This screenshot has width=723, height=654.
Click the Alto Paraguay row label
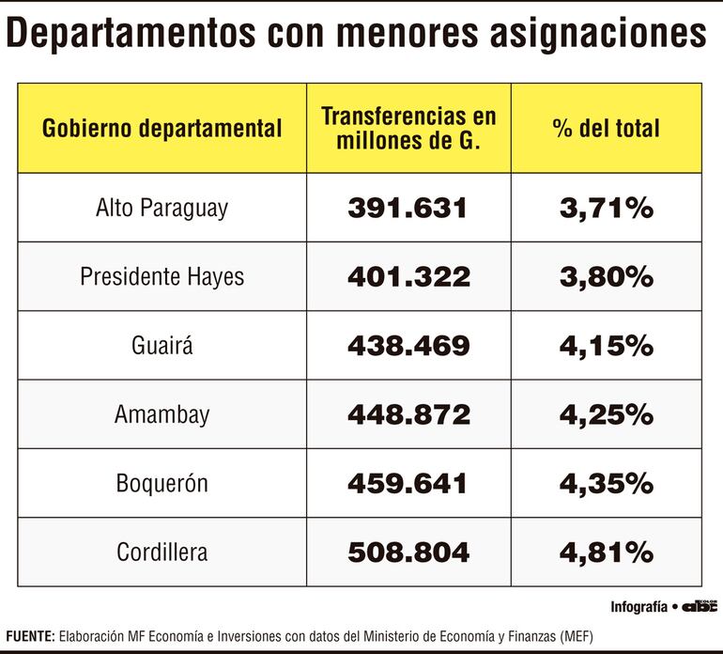point(162,208)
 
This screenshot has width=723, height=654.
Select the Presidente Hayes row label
point(162,277)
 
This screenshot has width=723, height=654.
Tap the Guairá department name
point(162,346)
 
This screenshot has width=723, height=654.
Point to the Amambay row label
point(162,414)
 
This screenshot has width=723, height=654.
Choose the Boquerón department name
point(162,484)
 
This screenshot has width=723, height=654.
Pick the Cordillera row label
point(162,553)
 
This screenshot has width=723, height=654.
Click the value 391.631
point(408,208)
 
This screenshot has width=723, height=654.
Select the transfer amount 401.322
point(408,277)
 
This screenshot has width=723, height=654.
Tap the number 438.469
point(408,346)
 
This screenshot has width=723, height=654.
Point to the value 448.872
point(408,414)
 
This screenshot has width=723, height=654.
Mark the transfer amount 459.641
point(408,484)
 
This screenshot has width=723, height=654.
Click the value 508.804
point(408,553)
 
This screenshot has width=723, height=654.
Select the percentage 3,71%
point(606,208)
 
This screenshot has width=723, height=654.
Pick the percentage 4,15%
point(606,346)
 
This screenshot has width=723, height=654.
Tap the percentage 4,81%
point(606,553)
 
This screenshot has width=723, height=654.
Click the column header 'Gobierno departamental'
point(162,129)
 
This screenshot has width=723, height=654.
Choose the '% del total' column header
point(606,129)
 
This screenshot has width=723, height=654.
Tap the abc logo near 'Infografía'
point(700,606)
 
